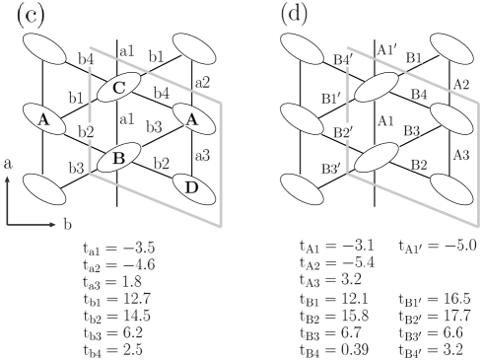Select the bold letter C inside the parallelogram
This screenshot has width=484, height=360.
tap(118, 88)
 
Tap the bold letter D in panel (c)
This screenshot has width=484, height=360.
tap(192, 187)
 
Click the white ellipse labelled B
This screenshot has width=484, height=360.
tap(118, 157)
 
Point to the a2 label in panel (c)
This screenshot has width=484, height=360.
tap(202, 83)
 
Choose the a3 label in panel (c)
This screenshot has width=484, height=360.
tap(202, 155)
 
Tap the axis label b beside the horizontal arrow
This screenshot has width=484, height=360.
tap(67, 224)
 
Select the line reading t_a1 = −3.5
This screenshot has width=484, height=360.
tap(119, 248)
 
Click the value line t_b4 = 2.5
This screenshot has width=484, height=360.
tap(113, 349)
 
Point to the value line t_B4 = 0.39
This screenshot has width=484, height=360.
tap(334, 350)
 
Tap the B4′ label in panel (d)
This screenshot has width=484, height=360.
tap(343, 60)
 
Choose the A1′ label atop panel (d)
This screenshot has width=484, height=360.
tap(387, 49)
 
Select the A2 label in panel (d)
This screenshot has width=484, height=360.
tap(460, 83)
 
